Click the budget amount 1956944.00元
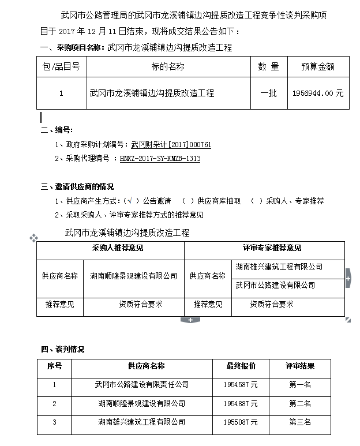click(x=317, y=93)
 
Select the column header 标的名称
click(x=168, y=66)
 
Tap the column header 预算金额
click(x=317, y=66)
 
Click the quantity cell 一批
click(x=269, y=93)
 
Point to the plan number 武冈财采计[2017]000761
click(x=171, y=145)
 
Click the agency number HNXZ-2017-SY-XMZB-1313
click(x=160, y=159)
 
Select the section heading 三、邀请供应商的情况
click(x=77, y=186)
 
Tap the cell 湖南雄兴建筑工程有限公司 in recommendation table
click(x=279, y=267)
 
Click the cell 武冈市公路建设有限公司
click(x=275, y=285)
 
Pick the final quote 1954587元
click(x=241, y=384)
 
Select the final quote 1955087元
click(x=241, y=422)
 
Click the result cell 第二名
click(x=300, y=403)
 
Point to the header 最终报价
click(x=241, y=366)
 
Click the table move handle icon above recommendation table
click(x=34, y=237)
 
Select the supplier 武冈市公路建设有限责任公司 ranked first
click(x=141, y=384)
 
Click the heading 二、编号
click(x=57, y=130)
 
